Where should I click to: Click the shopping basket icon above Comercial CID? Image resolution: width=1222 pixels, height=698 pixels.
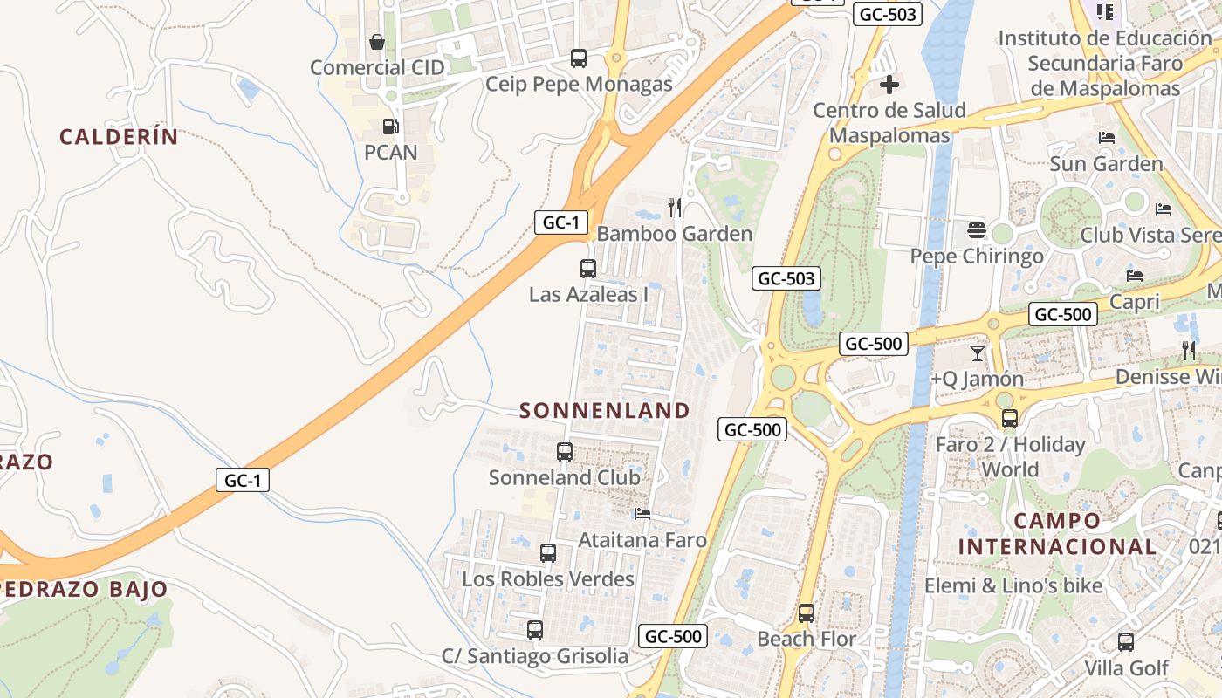pyautogui.click(x=377, y=42)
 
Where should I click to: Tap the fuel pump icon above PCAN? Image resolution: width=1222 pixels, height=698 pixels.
pyautogui.click(x=390, y=127)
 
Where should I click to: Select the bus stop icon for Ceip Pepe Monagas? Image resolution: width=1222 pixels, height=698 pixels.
pyautogui.click(x=579, y=58)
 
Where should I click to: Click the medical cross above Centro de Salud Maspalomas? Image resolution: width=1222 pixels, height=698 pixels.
pyautogui.click(x=889, y=85)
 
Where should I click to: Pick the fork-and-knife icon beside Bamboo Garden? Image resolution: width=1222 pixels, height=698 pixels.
pyautogui.click(x=674, y=207)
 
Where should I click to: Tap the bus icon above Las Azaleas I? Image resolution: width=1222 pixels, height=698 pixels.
pyautogui.click(x=588, y=269)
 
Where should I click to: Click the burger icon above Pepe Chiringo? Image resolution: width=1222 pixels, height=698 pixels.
pyautogui.click(x=977, y=230)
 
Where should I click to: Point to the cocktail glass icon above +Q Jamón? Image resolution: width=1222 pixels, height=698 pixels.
pyautogui.click(x=977, y=353)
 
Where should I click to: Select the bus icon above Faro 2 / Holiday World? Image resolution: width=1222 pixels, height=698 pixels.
pyautogui.click(x=1010, y=419)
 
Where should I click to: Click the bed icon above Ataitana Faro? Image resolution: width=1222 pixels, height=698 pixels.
pyautogui.click(x=642, y=514)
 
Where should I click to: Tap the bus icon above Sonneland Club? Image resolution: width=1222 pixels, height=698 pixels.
pyautogui.click(x=565, y=452)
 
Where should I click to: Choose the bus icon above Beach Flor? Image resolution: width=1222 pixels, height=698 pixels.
pyautogui.click(x=807, y=612)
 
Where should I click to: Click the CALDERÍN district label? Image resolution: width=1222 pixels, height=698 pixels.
pyautogui.click(x=119, y=136)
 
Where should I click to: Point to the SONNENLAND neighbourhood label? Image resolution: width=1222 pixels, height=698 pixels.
pyautogui.click(x=605, y=410)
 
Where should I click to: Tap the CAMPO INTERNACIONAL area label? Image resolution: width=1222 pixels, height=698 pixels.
pyautogui.click(x=1057, y=534)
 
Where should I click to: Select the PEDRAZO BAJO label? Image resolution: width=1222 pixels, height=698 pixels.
pyautogui.click(x=84, y=589)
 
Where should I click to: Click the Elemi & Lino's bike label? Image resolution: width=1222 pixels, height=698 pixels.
pyautogui.click(x=1013, y=585)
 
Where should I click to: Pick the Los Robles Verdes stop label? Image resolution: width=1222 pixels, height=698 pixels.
pyautogui.click(x=548, y=579)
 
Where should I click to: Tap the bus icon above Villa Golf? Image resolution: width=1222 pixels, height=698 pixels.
pyautogui.click(x=1126, y=643)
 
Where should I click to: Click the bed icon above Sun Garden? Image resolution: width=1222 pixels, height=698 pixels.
pyautogui.click(x=1107, y=138)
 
